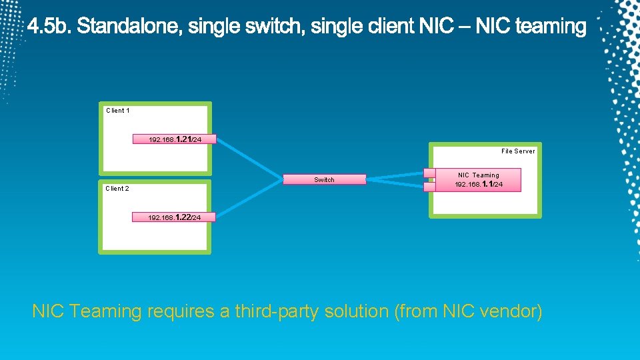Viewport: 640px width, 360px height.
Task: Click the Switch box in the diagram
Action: pyautogui.click(x=325, y=179)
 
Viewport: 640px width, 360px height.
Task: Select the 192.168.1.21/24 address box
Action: pyautogui.click(x=174, y=139)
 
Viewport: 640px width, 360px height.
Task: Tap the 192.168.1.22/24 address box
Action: pyautogui.click(x=174, y=217)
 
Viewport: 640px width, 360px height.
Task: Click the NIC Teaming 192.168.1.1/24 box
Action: pyautogui.click(x=478, y=180)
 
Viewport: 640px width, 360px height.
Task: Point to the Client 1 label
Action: pyautogui.click(x=118, y=111)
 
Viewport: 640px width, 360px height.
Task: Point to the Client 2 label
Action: pyautogui.click(x=117, y=189)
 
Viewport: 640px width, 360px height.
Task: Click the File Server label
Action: pyautogui.click(x=517, y=151)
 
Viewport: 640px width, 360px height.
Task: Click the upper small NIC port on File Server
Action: pyautogui.click(x=429, y=173)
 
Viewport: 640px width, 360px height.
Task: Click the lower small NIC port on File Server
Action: pyautogui.click(x=429, y=187)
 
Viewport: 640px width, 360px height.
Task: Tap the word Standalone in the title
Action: pyautogui.click(x=129, y=27)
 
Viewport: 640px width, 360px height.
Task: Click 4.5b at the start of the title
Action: pyautogui.click(x=50, y=27)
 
